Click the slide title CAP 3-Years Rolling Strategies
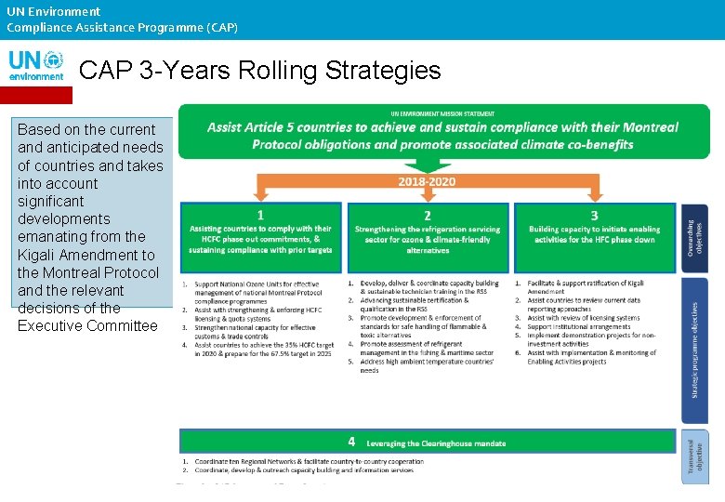[x=259, y=71]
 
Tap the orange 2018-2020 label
[x=427, y=181]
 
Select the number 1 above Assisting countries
[x=260, y=215]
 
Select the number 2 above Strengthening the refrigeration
[x=427, y=215]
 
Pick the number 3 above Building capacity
[x=595, y=215]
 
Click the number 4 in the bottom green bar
[x=351, y=441]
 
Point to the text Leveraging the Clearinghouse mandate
[x=436, y=443]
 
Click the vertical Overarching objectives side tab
[x=694, y=237]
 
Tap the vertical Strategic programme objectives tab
[x=694, y=349]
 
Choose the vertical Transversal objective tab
[x=694, y=456]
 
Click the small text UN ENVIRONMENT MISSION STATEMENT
[x=443, y=114]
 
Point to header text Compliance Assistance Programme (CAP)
[x=122, y=27]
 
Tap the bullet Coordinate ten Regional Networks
[x=307, y=461]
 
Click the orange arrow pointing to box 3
[x=594, y=192]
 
